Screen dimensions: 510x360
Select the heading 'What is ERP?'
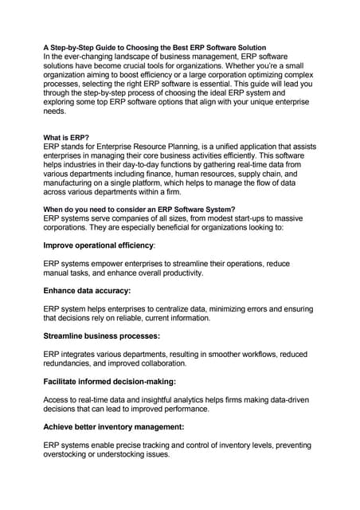coord(68,137)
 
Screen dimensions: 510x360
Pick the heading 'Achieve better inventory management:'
coord(114,426)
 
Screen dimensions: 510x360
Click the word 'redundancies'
coord(72,363)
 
